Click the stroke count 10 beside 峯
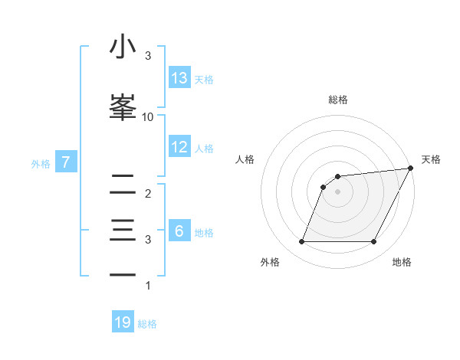tap(148, 116)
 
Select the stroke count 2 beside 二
tap(148, 194)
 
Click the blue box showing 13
tap(179, 78)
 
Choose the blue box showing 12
tap(179, 147)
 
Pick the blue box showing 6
tap(179, 231)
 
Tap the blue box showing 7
tap(66, 162)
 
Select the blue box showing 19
tap(123, 323)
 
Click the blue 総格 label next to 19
tap(148, 324)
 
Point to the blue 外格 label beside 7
tap(41, 163)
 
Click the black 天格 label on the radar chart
tap(431, 159)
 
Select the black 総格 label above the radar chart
tap(338, 100)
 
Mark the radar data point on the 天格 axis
tap(412, 168)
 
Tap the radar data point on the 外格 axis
tap(301, 242)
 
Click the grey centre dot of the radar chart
tap(337, 191)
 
